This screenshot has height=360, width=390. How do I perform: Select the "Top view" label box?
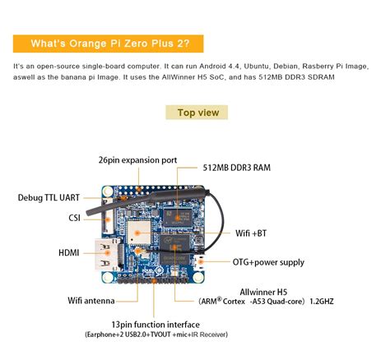coord(197,113)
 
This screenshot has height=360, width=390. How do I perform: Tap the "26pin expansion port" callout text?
coord(137,160)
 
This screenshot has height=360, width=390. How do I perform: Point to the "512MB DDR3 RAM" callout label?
coord(236,168)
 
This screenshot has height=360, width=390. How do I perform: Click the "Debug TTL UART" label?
coord(49,198)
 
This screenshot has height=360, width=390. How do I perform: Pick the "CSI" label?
coord(74,218)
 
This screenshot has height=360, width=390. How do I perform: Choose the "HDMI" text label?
coord(69,253)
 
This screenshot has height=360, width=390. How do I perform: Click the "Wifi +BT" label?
coord(251,233)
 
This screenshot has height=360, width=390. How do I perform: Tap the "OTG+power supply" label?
coord(268,262)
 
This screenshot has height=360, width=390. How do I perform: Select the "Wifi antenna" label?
coord(91,301)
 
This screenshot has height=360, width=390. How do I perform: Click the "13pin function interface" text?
coord(156,325)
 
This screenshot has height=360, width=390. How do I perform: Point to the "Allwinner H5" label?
coord(263,292)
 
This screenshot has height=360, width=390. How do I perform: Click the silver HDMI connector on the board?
coord(105,255)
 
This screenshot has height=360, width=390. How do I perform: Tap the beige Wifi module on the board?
coord(139,233)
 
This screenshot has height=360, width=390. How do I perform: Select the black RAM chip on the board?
coord(177,217)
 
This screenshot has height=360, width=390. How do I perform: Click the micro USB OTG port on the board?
coord(199,262)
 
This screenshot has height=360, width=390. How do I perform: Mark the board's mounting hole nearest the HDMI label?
coord(108,278)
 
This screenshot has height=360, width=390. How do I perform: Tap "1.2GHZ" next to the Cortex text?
coord(322,302)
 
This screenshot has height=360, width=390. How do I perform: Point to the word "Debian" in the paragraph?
coord(286,67)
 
